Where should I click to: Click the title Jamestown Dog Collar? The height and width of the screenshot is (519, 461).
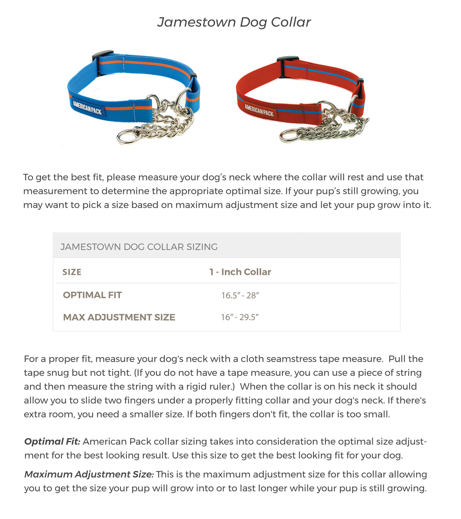tap(234, 22)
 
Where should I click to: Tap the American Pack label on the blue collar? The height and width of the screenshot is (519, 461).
tap(88, 107)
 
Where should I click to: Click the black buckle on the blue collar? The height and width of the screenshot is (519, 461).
tap(103, 57)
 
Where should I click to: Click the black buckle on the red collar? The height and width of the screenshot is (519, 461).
tap(287, 61)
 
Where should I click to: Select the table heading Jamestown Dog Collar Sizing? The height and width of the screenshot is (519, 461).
tap(139, 247)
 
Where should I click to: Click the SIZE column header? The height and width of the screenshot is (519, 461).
tap(72, 272)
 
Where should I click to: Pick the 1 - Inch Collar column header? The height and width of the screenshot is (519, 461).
tap(240, 272)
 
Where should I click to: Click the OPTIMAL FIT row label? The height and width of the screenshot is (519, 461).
tap(92, 295)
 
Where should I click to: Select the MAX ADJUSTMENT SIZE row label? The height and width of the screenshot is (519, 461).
tap(119, 318)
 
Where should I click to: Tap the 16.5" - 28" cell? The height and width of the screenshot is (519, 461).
tap(240, 296)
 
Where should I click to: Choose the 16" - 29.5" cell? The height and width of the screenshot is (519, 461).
tap(240, 318)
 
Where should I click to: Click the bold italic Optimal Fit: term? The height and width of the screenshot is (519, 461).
tap(52, 442)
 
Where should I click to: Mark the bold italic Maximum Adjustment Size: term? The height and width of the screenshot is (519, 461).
tap(89, 474)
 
